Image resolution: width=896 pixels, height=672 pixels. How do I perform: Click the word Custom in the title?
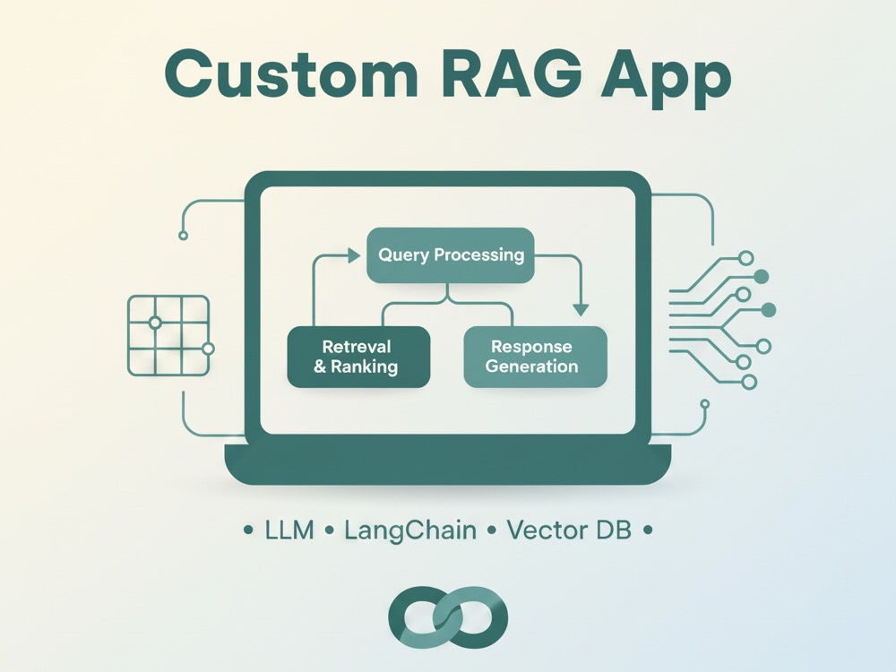click(x=291, y=75)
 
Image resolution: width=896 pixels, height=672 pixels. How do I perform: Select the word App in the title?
click(x=666, y=80)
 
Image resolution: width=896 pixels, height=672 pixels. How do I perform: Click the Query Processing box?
click(x=451, y=254)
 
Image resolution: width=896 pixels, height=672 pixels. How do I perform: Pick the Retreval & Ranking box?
click(x=358, y=358)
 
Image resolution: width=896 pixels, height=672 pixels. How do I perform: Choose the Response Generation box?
click(x=535, y=358)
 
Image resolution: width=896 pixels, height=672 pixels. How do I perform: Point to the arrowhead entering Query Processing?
click(x=354, y=255)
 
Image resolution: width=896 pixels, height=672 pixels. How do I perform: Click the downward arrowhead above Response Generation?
click(x=581, y=310)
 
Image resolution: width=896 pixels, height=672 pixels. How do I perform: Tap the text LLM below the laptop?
click(x=289, y=530)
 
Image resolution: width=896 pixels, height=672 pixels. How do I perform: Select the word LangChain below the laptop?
click(x=410, y=530)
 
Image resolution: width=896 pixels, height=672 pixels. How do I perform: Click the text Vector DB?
click(x=569, y=530)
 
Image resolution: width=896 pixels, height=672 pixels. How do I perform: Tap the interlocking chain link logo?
click(x=448, y=617)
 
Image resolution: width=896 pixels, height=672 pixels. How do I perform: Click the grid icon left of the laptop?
click(x=168, y=335)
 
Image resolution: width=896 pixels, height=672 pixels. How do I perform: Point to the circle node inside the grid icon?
click(x=154, y=323)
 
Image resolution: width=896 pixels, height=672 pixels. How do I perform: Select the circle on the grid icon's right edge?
click(x=208, y=349)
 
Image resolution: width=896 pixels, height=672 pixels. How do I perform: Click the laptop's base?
click(x=448, y=464)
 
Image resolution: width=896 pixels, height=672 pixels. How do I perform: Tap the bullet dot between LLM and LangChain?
click(x=329, y=530)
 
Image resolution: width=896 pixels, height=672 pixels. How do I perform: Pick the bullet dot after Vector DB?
click(x=648, y=530)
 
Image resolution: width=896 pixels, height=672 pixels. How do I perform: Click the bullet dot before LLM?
click(x=248, y=530)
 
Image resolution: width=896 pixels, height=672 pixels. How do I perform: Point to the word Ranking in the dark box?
click(x=364, y=366)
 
